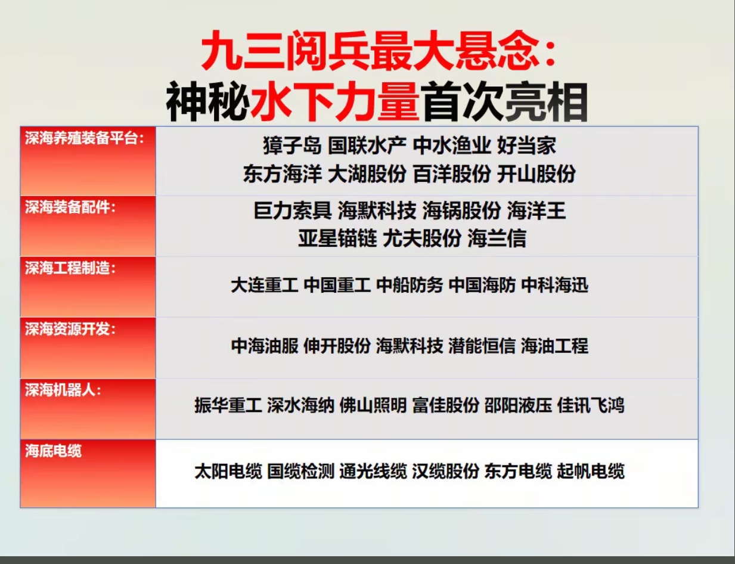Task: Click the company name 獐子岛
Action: [x=292, y=145]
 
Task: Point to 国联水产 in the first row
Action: [x=367, y=145]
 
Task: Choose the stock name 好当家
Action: [x=526, y=145]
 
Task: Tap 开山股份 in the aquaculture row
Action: [x=536, y=174]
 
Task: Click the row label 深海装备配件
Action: [x=67, y=207]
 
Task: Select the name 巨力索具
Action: [x=293, y=210]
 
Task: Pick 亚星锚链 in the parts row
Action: [x=337, y=238]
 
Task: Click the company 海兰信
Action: [x=497, y=238]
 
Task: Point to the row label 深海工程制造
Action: [x=67, y=268]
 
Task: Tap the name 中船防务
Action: [x=410, y=285]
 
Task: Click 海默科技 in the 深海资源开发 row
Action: [x=410, y=346]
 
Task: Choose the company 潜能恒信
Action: [x=482, y=346]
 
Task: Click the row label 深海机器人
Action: [x=60, y=390]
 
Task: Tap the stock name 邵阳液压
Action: [x=518, y=405]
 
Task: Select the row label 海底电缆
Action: [x=53, y=451]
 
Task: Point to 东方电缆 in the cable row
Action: [x=518, y=471]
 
